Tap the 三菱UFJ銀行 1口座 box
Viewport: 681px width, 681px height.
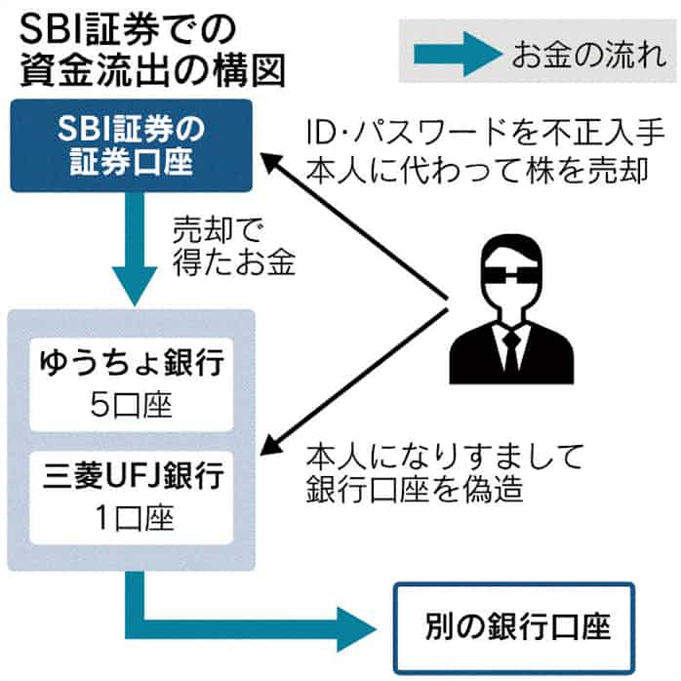tap(132, 495)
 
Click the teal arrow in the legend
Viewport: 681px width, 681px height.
tap(455, 52)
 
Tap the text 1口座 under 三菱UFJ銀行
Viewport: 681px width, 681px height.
tap(132, 514)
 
